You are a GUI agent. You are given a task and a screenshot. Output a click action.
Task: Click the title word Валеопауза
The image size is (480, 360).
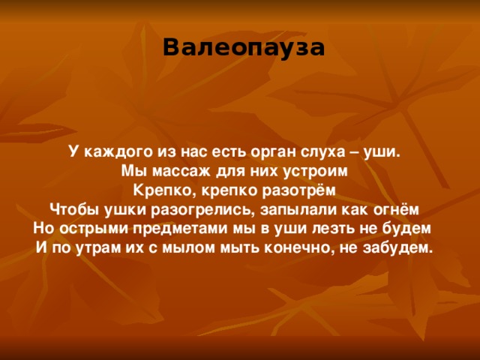pyautogui.click(x=244, y=47)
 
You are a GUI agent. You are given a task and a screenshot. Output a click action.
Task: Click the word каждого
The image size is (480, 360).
pyautogui.click(x=113, y=150)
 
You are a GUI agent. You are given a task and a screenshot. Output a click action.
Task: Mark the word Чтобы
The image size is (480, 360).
pyautogui.click(x=73, y=208)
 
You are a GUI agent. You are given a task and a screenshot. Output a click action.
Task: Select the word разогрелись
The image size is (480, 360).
pyautogui.click(x=200, y=208)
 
